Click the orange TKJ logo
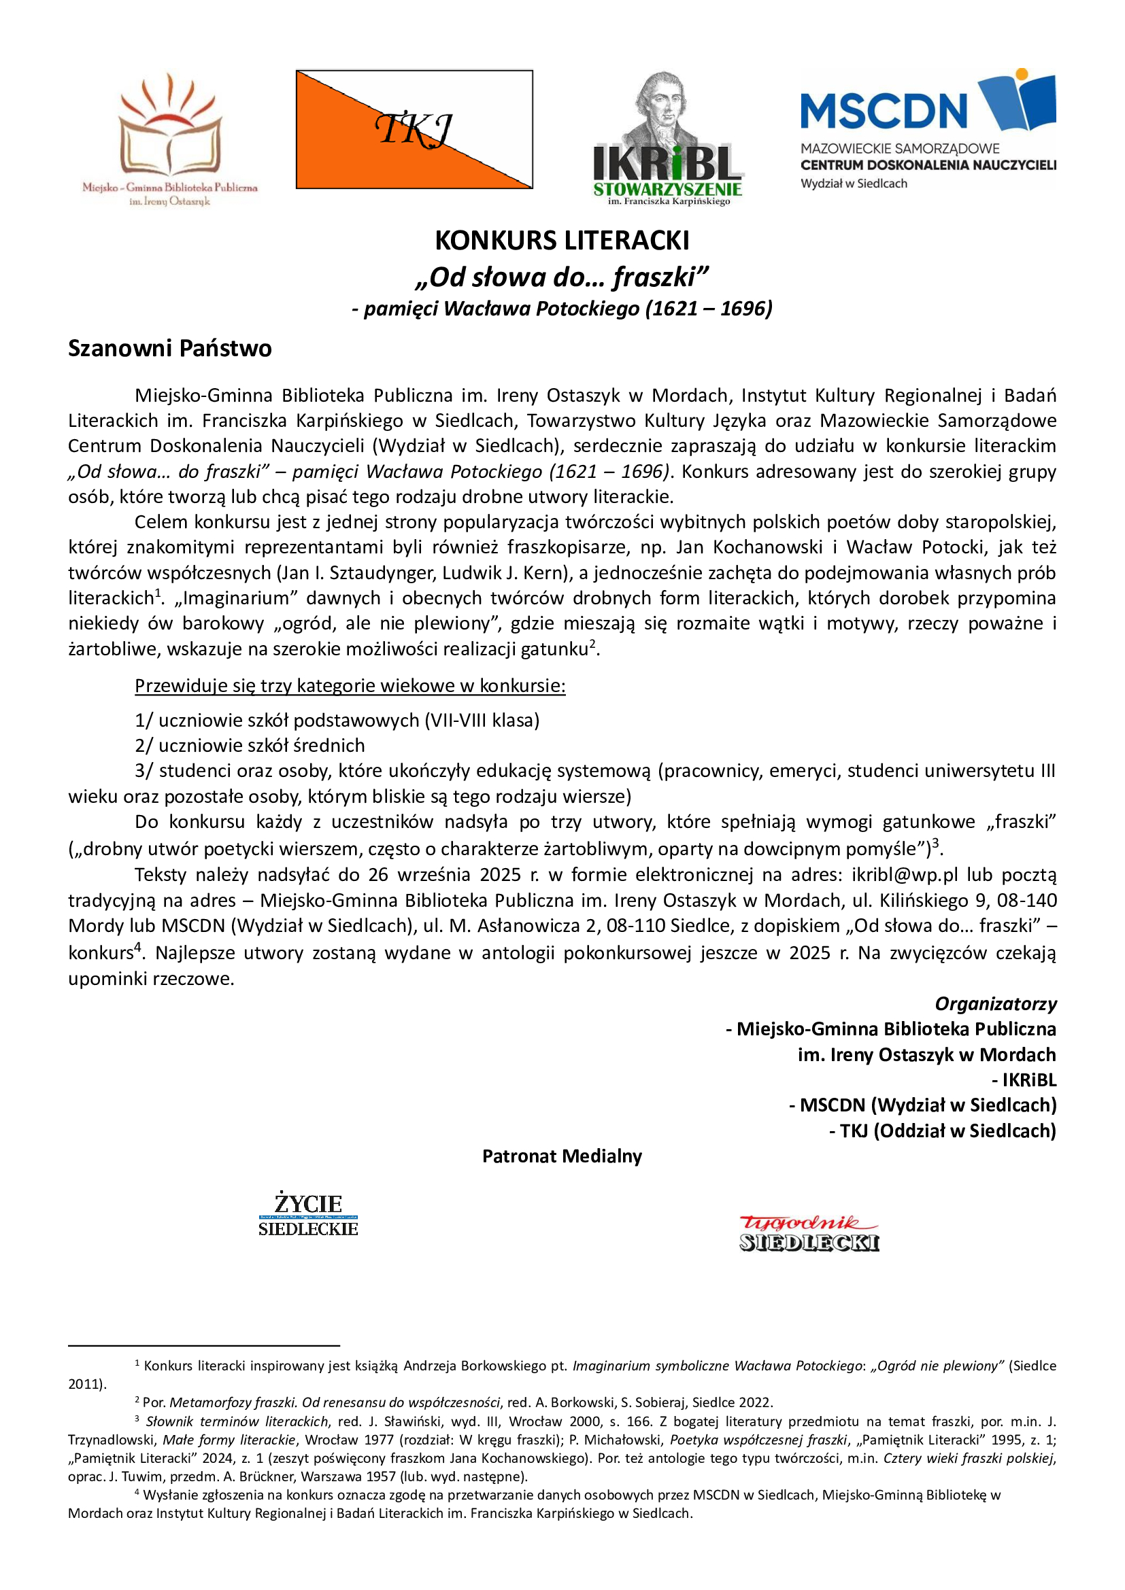coord(414,130)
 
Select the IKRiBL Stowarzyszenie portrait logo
coord(668,139)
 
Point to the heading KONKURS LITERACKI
coord(562,240)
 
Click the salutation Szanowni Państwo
coord(170,347)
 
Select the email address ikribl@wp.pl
coord(905,875)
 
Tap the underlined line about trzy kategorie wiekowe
coord(350,686)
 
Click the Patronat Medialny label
coord(562,1156)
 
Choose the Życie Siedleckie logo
coord(308,1215)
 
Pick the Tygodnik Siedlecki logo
coord(809,1233)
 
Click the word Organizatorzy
coord(996,1003)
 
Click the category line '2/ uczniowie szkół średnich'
coord(250,745)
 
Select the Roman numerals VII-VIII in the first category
coord(458,720)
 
